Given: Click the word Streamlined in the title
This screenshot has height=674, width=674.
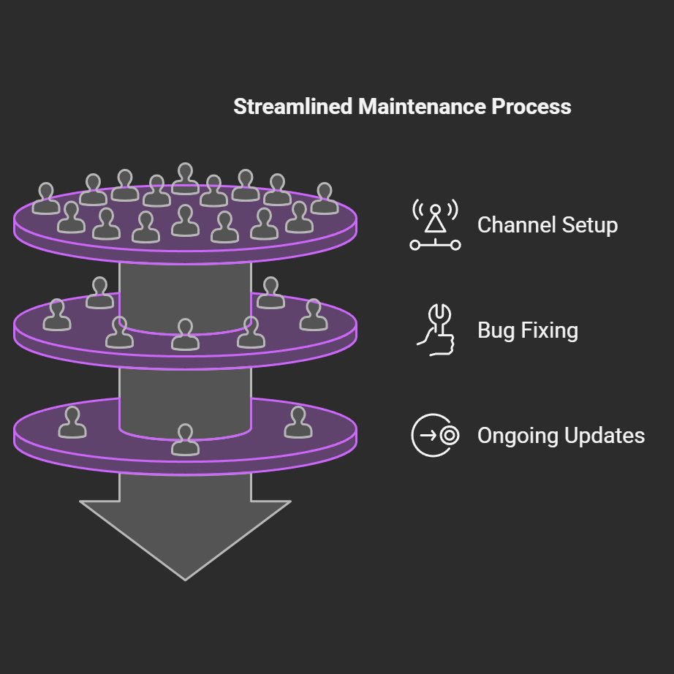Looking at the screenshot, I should [x=293, y=107].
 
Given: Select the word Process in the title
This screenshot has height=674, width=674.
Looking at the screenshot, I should [x=531, y=107].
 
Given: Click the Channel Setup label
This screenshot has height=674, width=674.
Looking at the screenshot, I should [x=547, y=225].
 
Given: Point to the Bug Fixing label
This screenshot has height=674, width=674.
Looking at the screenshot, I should [x=527, y=330].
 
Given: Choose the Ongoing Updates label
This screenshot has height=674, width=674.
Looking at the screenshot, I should [x=561, y=436].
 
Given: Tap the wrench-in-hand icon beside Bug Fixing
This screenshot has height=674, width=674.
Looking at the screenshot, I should [x=436, y=330].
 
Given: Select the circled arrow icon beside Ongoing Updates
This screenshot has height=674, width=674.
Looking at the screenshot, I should [x=435, y=436].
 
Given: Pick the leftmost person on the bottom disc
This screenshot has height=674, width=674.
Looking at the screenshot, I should [x=72, y=423].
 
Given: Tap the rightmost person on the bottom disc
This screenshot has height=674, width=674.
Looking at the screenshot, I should [x=298, y=423].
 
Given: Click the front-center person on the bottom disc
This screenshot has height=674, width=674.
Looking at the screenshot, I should [x=185, y=439].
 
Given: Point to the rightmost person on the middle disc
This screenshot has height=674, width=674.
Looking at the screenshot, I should [x=314, y=315].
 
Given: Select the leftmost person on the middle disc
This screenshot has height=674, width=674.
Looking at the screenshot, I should [x=56, y=315].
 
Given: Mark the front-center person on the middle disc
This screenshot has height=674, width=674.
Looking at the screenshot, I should [x=185, y=335].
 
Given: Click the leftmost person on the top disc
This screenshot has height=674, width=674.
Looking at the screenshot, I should [x=46, y=199].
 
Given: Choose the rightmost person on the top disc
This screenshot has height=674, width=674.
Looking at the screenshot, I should [x=325, y=199].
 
